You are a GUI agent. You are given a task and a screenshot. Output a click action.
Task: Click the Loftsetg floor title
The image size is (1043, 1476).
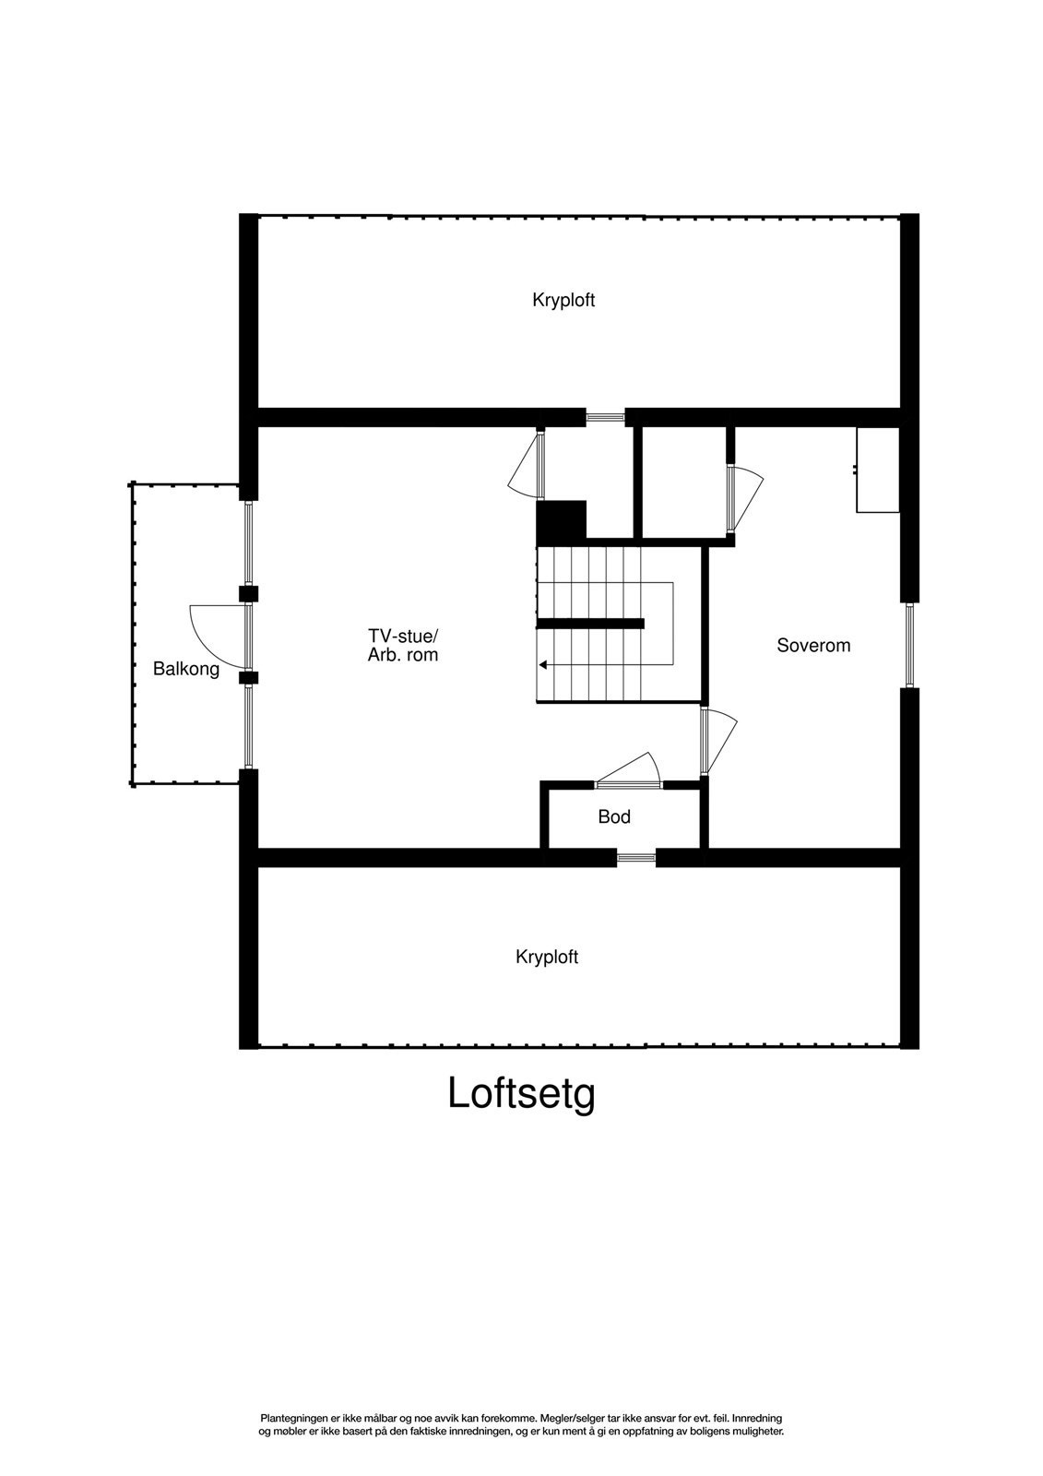521,1094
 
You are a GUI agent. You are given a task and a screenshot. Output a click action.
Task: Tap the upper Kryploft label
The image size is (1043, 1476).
563,300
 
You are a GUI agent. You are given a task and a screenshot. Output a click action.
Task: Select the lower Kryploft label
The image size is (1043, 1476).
547,958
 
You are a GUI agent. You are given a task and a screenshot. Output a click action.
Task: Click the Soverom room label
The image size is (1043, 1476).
813,646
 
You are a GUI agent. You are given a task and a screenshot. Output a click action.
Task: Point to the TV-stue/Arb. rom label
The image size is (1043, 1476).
403,646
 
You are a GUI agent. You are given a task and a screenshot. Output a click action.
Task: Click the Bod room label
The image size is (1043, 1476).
614,816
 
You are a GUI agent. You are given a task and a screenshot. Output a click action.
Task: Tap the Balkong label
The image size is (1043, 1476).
186,669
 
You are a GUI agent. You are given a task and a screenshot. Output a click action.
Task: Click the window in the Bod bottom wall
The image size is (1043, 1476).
635,858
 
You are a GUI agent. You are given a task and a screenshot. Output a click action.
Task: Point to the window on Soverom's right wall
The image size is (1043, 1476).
909,644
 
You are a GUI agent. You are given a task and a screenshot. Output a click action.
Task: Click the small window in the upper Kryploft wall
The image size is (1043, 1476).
605,417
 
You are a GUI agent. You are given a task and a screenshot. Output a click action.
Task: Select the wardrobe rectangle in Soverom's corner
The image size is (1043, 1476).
878,470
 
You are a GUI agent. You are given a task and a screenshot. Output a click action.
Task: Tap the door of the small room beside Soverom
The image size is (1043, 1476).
743,498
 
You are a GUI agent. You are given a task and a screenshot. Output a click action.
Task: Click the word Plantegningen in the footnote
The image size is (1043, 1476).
294,1417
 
